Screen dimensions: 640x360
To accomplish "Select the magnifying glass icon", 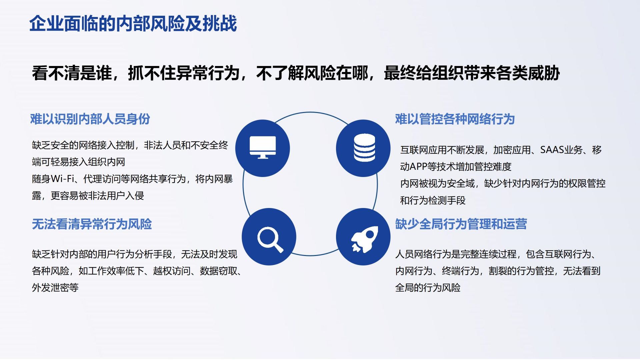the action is tap(270, 239).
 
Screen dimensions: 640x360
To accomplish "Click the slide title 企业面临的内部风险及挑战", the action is tap(133, 24).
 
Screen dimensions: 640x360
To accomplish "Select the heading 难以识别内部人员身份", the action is tap(90, 119).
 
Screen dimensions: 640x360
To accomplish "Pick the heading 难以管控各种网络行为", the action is tap(455, 119).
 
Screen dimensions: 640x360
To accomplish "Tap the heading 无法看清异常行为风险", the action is tap(92, 224).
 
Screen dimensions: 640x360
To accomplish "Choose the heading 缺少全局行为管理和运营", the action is tap(461, 224).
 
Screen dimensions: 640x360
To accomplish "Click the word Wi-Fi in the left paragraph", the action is tap(62, 179).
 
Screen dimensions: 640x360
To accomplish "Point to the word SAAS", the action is tap(552, 150).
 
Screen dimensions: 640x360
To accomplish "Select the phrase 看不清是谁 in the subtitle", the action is tap(72, 73).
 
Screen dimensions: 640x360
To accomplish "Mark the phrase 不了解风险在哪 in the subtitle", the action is tap(312, 73).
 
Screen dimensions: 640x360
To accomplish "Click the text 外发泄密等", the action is tap(55, 288).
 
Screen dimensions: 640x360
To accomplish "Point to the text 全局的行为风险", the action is tap(428, 288).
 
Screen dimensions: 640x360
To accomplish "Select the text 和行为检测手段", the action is tap(433, 200).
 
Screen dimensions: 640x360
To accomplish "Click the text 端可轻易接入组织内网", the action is tap(79, 162).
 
